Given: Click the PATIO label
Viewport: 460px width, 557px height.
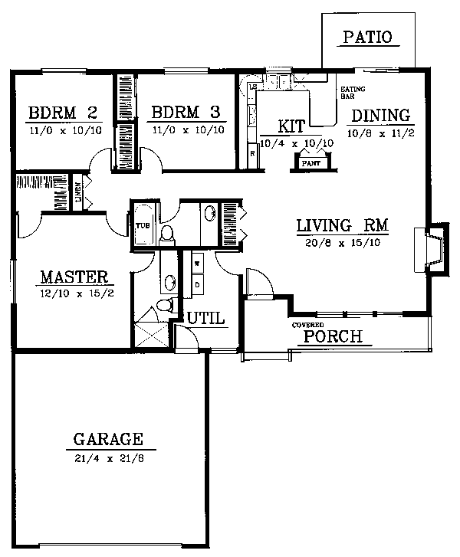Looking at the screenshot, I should (x=367, y=37).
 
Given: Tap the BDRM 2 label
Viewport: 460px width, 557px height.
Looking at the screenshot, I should (x=62, y=113).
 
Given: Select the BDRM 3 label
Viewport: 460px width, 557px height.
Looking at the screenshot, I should (x=186, y=113).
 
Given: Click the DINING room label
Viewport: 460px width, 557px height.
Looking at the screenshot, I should (x=381, y=116).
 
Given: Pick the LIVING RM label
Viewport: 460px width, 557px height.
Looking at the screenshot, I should (x=343, y=226).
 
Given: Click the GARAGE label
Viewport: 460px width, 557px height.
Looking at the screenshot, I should (x=108, y=440).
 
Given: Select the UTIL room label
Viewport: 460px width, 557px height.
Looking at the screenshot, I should (x=206, y=318).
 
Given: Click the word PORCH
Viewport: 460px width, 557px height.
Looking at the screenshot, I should (x=333, y=336).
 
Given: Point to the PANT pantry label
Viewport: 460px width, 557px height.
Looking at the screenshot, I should (x=310, y=163).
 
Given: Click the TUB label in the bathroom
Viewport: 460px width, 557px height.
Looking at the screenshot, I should (x=143, y=225).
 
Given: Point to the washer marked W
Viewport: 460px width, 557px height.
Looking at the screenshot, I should (x=197, y=264).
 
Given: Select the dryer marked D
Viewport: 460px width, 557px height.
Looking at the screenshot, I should (x=197, y=283).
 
